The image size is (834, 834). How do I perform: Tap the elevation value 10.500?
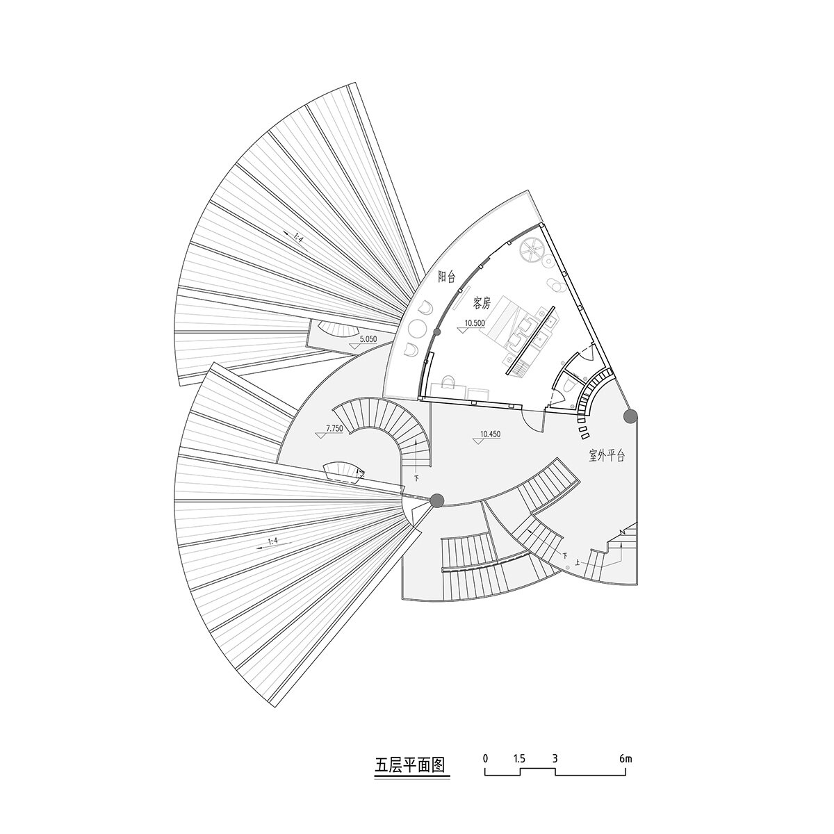(475, 322)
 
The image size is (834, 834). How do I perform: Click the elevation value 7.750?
(334, 429)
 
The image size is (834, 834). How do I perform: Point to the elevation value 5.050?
(368, 339)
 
